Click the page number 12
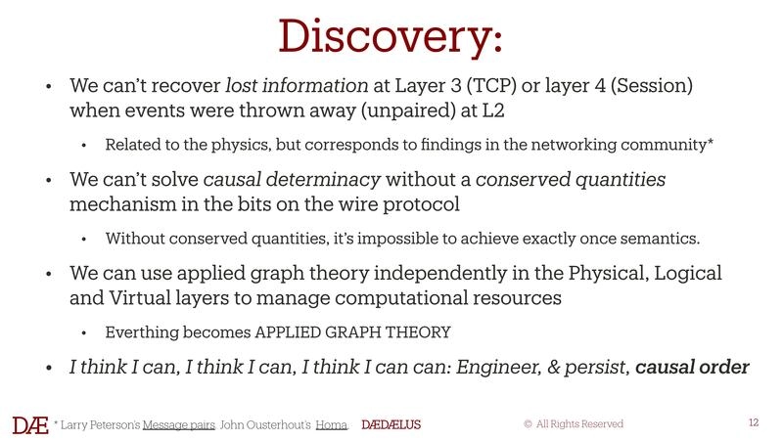coord(753,422)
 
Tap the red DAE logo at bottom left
coord(29,424)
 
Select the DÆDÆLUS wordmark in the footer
coord(391,424)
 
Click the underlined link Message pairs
coord(177,424)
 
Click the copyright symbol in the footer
coord(528,424)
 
